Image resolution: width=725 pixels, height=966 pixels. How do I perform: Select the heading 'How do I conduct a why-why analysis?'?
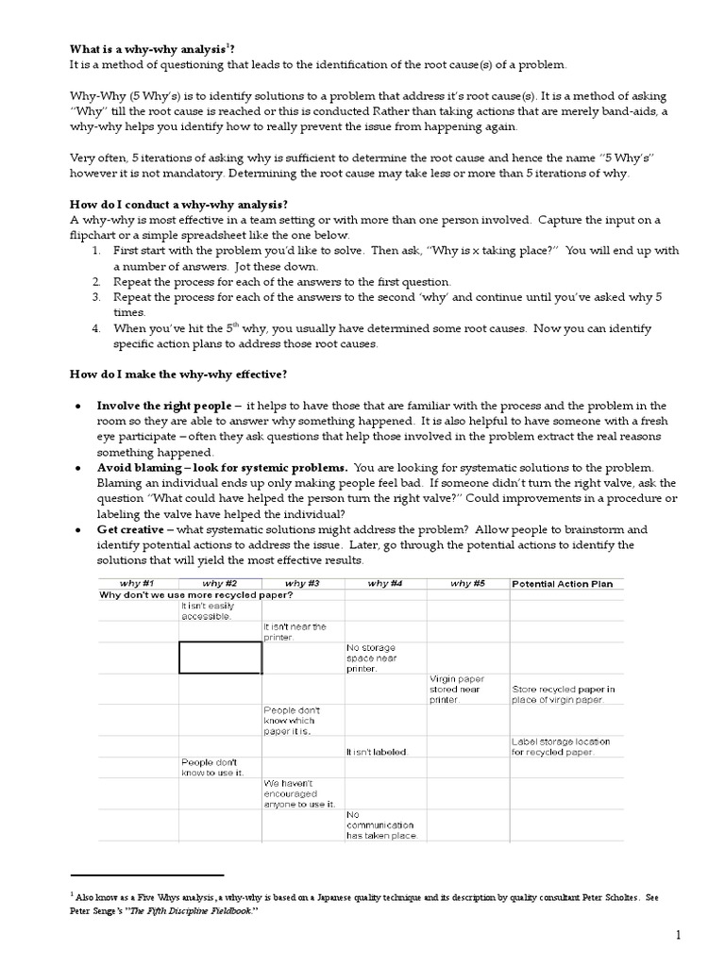pos(178,205)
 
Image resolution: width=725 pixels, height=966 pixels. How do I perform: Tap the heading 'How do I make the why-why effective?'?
pos(178,375)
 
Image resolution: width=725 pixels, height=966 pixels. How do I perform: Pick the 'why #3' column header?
pos(302,584)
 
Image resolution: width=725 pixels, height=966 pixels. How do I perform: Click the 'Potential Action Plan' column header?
pos(562,584)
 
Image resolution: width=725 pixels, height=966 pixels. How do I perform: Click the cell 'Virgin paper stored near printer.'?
pos(458,689)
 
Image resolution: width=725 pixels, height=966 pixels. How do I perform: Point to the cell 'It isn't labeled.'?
pos(377,752)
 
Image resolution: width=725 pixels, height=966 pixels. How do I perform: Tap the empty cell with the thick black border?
pos(220,658)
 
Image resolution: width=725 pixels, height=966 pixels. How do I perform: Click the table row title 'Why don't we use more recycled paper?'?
pos(195,596)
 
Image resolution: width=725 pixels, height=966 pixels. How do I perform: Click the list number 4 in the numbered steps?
pos(96,328)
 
